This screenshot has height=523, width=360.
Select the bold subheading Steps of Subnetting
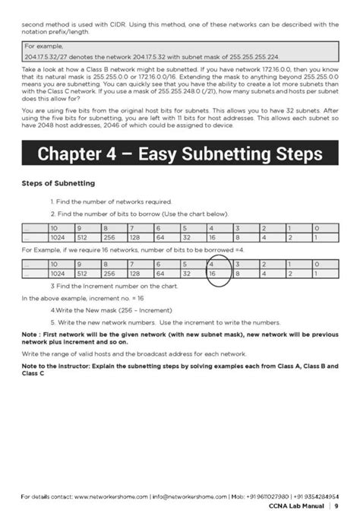click(58, 183)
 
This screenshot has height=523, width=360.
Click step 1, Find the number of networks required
click(112, 201)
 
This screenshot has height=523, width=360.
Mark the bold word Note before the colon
click(30, 334)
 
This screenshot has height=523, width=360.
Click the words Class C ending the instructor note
click(33, 373)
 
